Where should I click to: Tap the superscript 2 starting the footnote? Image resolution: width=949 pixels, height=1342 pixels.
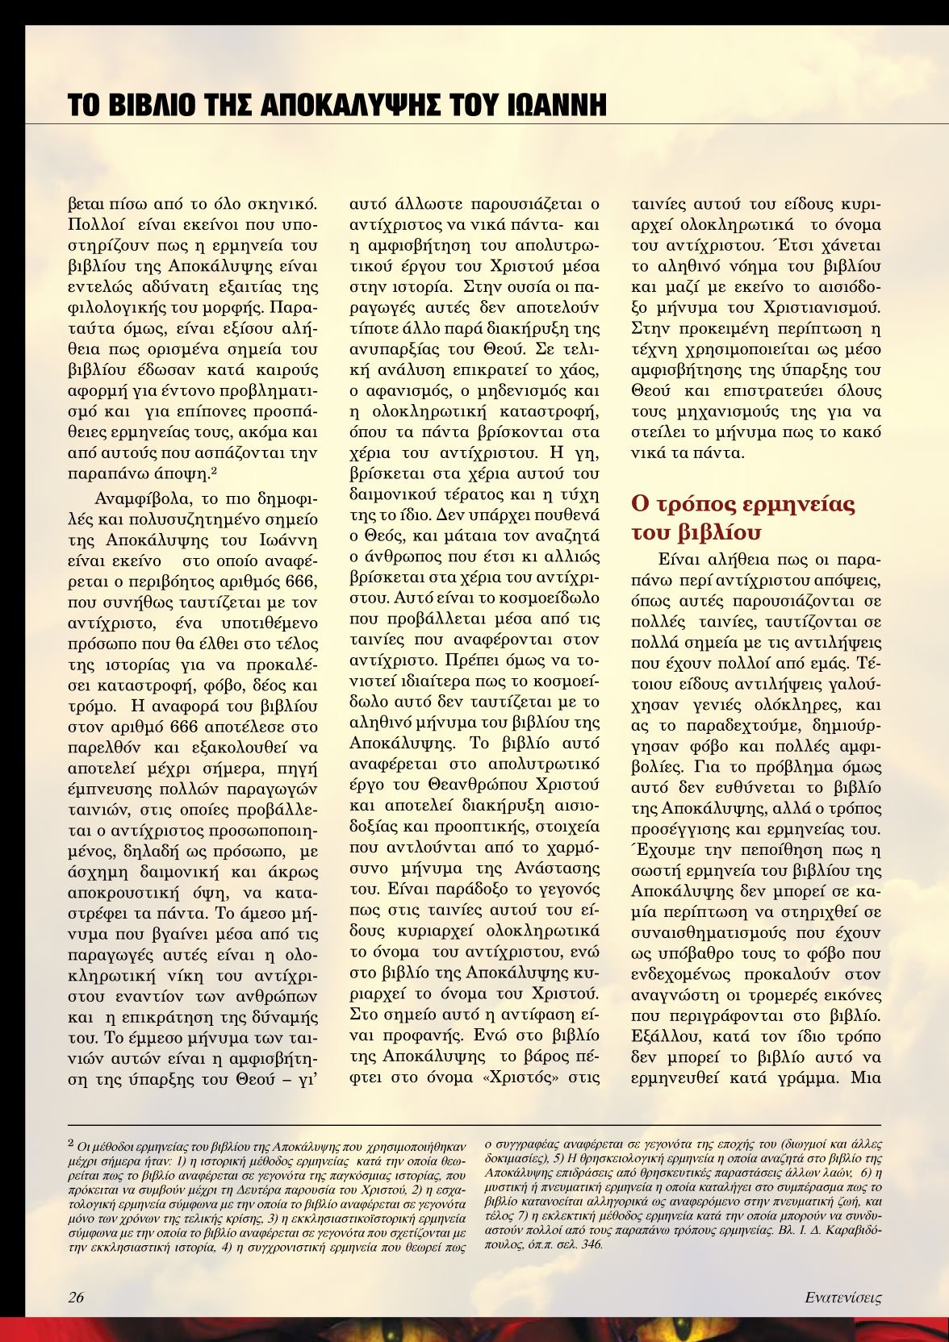(x=71, y=1142)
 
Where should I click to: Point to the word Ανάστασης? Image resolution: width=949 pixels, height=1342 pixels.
(x=559, y=868)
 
